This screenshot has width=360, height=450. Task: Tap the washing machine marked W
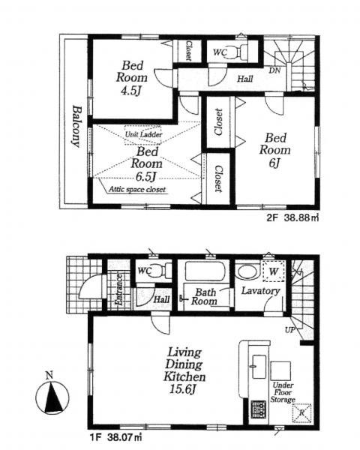(274, 271)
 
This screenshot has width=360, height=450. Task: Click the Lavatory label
(260, 291)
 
